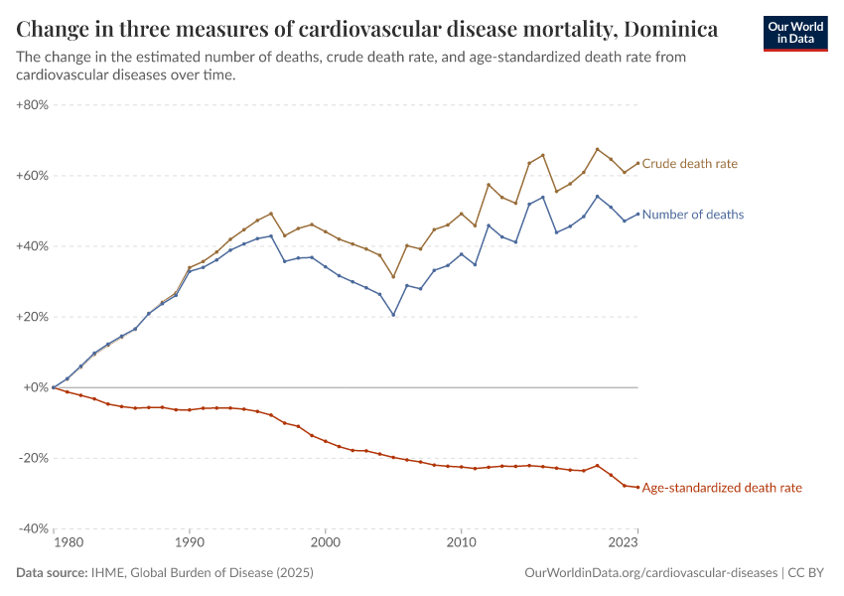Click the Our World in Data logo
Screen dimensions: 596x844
(795, 33)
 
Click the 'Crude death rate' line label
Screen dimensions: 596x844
(690, 164)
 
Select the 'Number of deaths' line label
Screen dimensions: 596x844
(693, 215)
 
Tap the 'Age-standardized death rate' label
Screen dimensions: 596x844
(722, 488)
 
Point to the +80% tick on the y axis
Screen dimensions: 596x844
(34, 105)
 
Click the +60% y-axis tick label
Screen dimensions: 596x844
(34, 176)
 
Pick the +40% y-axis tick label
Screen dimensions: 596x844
(34, 246)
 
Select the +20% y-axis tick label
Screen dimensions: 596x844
(34, 317)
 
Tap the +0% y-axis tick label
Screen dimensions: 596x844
(37, 387)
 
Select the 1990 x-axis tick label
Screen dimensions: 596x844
(189, 543)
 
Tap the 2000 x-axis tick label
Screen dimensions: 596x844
(325, 543)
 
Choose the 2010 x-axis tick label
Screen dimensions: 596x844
(461, 543)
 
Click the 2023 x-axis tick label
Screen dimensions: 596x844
(624, 543)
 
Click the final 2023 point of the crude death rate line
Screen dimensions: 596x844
(637, 163)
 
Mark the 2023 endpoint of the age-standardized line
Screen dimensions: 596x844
(637, 487)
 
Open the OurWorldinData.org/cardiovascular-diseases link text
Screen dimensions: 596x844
(650, 573)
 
